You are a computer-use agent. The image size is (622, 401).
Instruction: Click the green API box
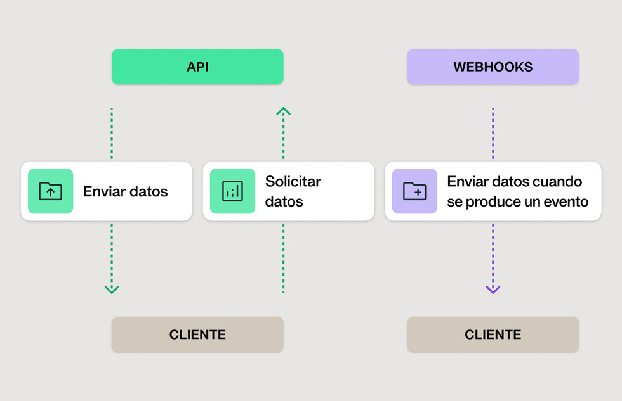pos(197,67)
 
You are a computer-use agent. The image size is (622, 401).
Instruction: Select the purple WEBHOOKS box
pos(493,67)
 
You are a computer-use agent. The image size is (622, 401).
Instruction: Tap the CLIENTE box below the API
pos(197,334)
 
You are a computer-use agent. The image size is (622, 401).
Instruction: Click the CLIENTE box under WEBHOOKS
pos(493,334)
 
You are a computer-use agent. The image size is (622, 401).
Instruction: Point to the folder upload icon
pos(50,191)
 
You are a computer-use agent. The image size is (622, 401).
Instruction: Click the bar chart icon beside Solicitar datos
pos(232,191)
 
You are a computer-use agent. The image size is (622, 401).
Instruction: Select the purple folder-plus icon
pos(414,191)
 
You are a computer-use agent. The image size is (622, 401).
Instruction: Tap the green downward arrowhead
pos(112,290)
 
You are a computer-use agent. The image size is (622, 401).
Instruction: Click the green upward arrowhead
pos(283,111)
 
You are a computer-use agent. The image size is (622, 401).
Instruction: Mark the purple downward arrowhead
pos(493,290)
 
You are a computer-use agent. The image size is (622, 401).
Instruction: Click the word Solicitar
pos(293,182)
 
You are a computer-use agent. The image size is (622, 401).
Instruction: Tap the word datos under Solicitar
pos(284,202)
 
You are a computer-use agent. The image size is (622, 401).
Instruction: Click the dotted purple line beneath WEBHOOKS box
pos(493,133)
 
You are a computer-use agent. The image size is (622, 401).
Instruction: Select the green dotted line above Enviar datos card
pos(112,133)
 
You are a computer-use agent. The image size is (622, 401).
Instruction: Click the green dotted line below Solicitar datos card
pos(283,257)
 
